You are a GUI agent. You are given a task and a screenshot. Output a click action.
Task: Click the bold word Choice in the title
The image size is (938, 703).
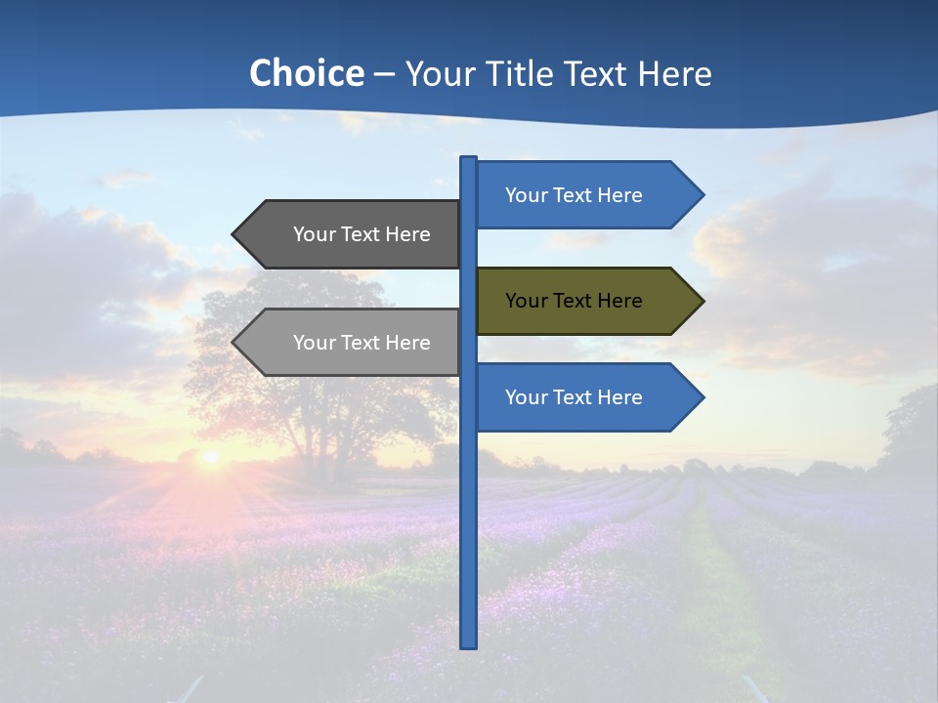point(306,74)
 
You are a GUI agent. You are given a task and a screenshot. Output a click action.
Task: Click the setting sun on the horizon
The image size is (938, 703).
point(209,456)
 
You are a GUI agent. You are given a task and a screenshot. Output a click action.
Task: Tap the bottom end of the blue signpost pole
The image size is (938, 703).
point(469,644)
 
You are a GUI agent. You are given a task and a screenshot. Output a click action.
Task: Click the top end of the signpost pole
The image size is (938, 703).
point(469,160)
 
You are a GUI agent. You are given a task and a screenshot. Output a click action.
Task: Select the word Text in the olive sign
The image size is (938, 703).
point(574,301)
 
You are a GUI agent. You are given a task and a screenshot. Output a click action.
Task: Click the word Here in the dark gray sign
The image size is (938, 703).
point(407,234)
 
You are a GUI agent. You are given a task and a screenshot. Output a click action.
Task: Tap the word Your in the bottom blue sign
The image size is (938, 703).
point(527,397)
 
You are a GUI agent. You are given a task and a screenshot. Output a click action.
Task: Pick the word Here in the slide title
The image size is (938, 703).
point(674,74)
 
